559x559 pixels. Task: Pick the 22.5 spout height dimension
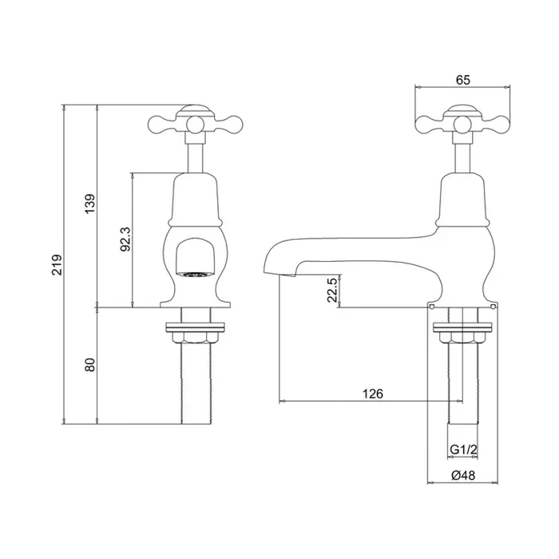pos(332,291)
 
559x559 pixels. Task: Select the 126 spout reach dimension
pos(373,393)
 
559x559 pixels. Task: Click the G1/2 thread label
pos(462,450)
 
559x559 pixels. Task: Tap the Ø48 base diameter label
pos(463,475)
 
